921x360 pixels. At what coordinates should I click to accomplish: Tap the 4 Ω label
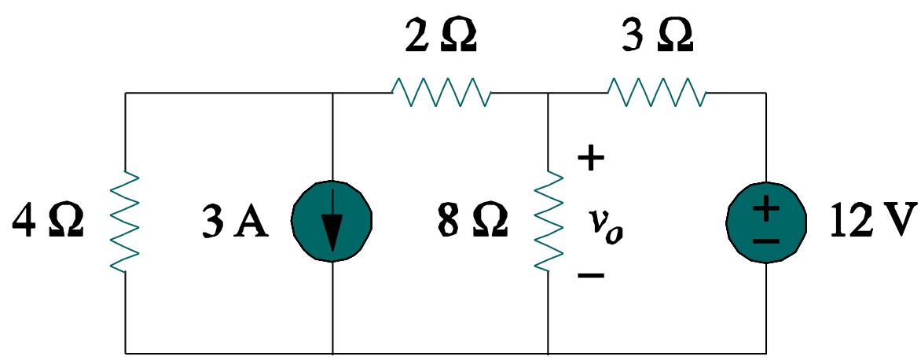point(48,222)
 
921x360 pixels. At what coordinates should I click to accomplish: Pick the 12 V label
point(872,222)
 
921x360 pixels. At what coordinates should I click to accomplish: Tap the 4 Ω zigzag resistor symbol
point(127,222)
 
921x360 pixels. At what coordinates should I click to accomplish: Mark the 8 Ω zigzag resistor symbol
point(548,222)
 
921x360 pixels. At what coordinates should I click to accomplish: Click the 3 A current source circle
point(332,222)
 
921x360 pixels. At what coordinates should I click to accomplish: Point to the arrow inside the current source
point(333,228)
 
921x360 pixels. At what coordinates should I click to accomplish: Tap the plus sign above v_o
point(591,160)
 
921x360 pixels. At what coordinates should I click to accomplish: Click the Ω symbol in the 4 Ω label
point(64,222)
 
